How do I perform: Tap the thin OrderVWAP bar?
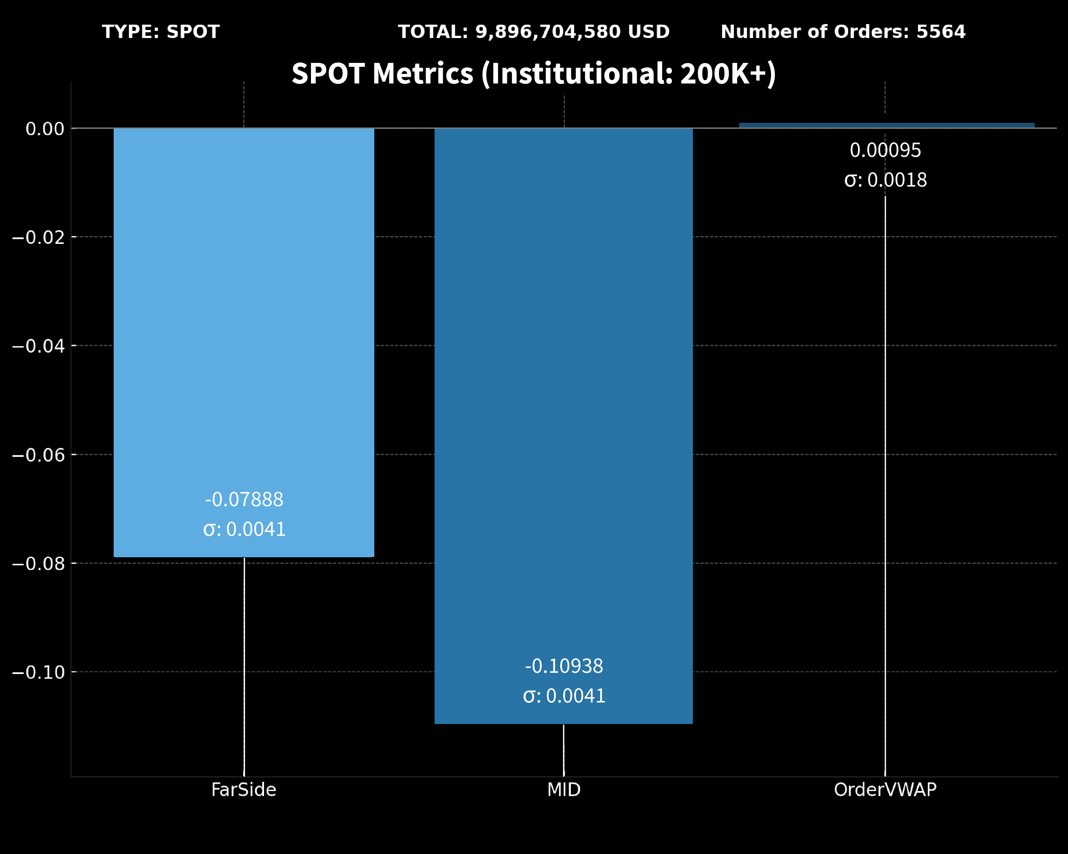coord(887,125)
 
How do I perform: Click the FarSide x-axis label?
coord(244,790)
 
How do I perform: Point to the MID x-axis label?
coord(564,790)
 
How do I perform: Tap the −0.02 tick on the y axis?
coord(39,237)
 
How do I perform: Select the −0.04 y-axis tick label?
coord(39,346)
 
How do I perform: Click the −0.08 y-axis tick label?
coord(39,564)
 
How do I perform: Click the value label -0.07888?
coord(244,499)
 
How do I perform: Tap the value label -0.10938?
coord(564,666)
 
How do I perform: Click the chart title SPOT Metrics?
coord(533,73)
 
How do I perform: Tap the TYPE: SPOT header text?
coord(160,32)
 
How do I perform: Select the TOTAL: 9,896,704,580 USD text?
coord(533,32)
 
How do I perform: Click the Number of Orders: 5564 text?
coord(843,32)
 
